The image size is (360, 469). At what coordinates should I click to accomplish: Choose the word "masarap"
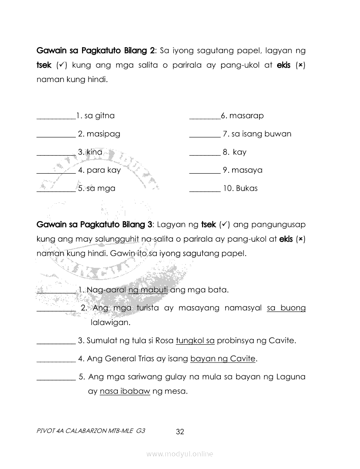pos(246,116)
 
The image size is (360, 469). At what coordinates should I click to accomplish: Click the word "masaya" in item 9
pos(247,170)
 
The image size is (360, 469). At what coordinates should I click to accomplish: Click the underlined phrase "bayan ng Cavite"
pos(223,359)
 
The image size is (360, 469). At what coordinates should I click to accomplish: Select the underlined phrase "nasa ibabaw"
pos(125,391)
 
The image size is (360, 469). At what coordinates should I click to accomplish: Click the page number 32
pos(180,432)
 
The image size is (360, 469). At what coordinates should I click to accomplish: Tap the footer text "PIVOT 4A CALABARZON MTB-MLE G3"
pos(91,430)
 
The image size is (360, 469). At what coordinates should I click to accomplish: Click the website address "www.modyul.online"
pos(180,454)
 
